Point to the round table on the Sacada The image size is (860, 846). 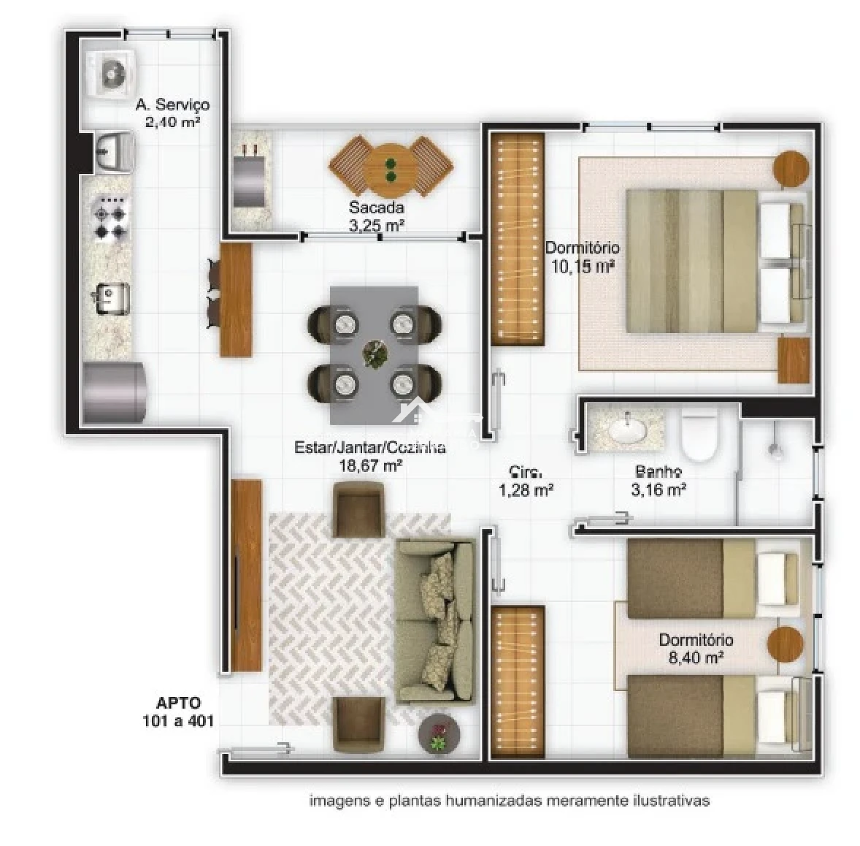click(x=390, y=169)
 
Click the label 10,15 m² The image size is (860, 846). click(x=582, y=267)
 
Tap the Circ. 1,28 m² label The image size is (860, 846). click(x=526, y=481)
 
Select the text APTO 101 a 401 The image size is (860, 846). click(x=178, y=712)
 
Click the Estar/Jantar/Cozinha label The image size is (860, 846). click(x=369, y=448)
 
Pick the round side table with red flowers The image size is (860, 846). click(x=438, y=734)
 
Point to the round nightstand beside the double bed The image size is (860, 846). click(x=791, y=169)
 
